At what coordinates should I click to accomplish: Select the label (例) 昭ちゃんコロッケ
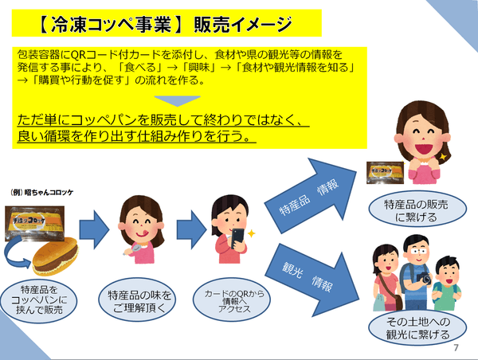[x=41, y=194]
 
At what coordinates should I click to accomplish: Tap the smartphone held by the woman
[x=238, y=238]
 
